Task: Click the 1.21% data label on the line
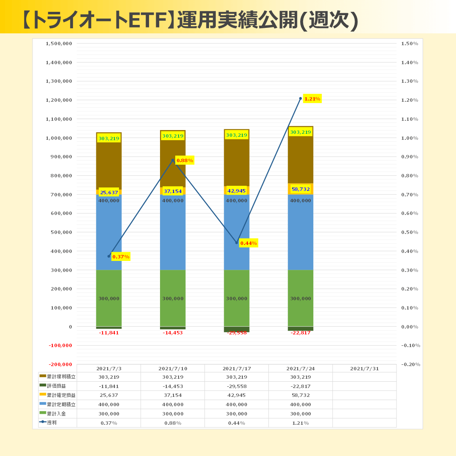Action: click(312, 99)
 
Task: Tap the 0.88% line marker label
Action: click(185, 160)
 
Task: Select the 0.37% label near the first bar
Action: click(121, 257)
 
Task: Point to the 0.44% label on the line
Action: click(248, 243)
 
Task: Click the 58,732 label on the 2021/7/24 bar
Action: click(301, 189)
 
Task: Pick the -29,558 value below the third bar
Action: click(236, 333)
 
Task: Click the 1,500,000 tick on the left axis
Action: click(59, 43)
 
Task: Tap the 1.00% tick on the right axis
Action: click(409, 138)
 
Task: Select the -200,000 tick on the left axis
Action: click(60, 364)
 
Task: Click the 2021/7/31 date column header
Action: click(364, 369)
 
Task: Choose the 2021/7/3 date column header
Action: click(109, 369)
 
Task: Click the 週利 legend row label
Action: click(52, 423)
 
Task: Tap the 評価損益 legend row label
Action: click(56, 386)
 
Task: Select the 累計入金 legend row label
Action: click(56, 414)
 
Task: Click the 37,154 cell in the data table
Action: click(173, 395)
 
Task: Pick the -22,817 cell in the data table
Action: click(301, 386)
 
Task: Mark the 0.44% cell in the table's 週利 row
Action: click(236, 423)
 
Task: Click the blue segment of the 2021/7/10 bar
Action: click(173, 236)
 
